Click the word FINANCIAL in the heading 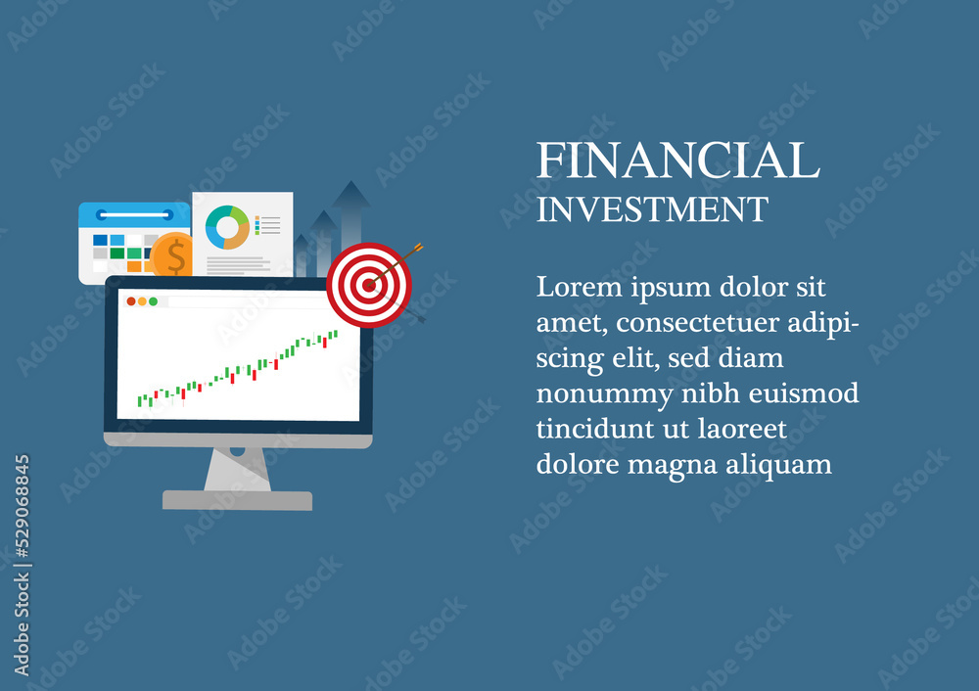coord(677,160)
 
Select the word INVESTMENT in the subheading coord(652,209)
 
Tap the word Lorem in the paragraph coord(580,287)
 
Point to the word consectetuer coord(697,323)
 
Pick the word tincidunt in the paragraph coord(594,429)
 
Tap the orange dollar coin coord(172,254)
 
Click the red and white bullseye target coord(369,285)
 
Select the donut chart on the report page coord(227,227)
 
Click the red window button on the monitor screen coord(131,301)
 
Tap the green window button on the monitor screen coord(153,301)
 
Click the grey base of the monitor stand coord(237,500)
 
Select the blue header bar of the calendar coord(134,214)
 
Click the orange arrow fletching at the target coord(417,249)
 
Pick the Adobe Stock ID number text coord(22,506)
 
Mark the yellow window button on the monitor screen coord(142,301)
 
